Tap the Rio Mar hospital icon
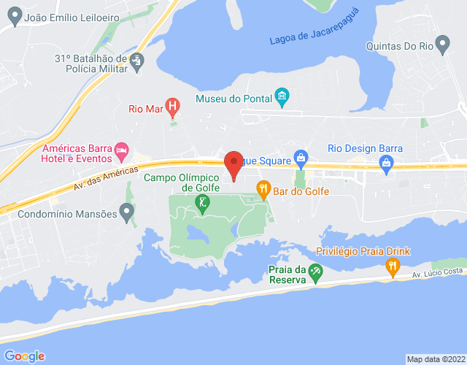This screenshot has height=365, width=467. [172, 109]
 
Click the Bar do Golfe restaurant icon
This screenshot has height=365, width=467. [264, 191]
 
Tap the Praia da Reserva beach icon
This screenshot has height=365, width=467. [315, 273]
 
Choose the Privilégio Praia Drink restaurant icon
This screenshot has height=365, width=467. [393, 268]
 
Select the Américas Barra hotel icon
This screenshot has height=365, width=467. [122, 153]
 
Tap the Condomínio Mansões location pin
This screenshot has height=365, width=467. [127, 214]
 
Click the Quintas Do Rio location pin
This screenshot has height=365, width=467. [441, 42]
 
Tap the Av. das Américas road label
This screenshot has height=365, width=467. [106, 177]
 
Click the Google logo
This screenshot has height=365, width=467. [23, 356]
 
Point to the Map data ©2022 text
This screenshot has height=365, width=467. [436, 359]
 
